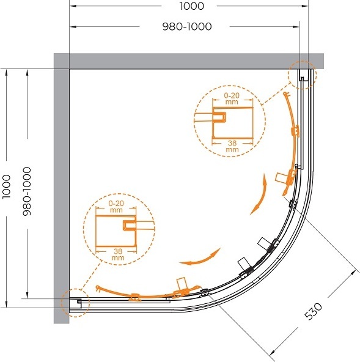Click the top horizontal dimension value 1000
pyautogui.click(x=192, y=6)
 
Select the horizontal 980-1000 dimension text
pyautogui.click(x=187, y=26)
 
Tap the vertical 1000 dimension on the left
pyautogui.click(x=7, y=187)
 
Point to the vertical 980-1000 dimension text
pyautogui.click(x=27, y=191)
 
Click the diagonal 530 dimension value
pyautogui.click(x=313, y=311)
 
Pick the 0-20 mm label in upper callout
pyautogui.click(x=232, y=98)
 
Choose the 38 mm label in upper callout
pyautogui.click(x=232, y=146)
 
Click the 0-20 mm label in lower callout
pyautogui.click(x=116, y=207)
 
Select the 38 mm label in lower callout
pyautogui.click(x=118, y=254)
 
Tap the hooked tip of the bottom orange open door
pyautogui.click(x=98, y=288)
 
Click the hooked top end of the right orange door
pyautogui.click(x=286, y=94)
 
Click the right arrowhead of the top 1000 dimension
pyautogui.click(x=305, y=6)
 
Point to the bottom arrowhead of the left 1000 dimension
pyautogui.click(x=7, y=305)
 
